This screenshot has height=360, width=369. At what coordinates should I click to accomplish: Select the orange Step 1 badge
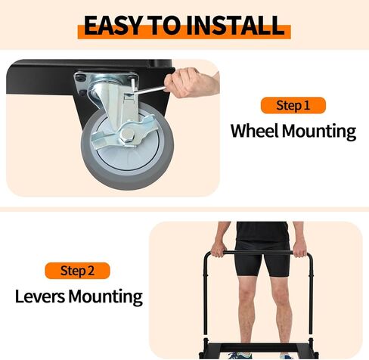point(293,105)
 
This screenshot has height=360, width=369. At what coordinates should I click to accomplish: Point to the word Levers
point(42,295)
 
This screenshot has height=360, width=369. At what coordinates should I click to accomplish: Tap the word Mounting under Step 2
point(107,296)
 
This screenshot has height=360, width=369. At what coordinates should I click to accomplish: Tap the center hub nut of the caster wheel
point(126,136)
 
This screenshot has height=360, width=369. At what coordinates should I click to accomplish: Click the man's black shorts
point(262,257)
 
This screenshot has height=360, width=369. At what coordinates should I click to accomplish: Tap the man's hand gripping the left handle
point(219,249)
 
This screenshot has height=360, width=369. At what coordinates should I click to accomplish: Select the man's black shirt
point(261,230)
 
